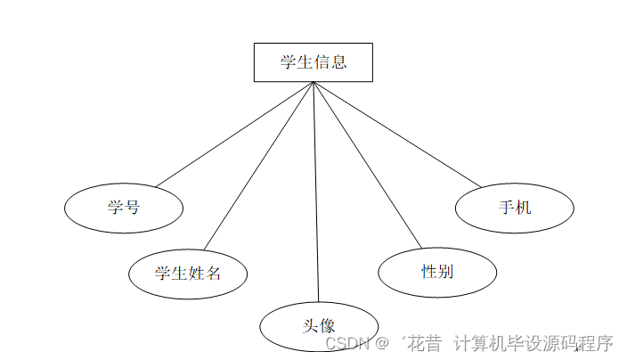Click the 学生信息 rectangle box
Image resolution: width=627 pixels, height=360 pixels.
click(313, 62)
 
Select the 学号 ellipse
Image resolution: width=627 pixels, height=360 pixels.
click(124, 208)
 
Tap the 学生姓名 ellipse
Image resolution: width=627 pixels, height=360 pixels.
click(188, 273)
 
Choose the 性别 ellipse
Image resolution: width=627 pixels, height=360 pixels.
click(437, 271)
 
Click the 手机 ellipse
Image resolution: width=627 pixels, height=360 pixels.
click(514, 208)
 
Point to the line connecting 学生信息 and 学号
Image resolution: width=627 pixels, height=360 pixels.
click(233, 135)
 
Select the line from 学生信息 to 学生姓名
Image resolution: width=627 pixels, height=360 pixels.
click(258, 165)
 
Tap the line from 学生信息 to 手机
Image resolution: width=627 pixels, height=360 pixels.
click(396, 134)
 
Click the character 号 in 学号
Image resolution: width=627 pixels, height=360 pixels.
click(132, 208)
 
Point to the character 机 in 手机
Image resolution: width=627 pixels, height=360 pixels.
click(523, 208)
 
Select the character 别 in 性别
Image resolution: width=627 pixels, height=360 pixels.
click(445, 271)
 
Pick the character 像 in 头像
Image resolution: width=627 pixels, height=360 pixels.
click(327, 325)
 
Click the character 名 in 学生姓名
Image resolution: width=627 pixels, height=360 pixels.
click(213, 273)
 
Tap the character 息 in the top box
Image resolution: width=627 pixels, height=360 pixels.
click(338, 62)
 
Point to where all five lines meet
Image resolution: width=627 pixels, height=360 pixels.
click(313, 83)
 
